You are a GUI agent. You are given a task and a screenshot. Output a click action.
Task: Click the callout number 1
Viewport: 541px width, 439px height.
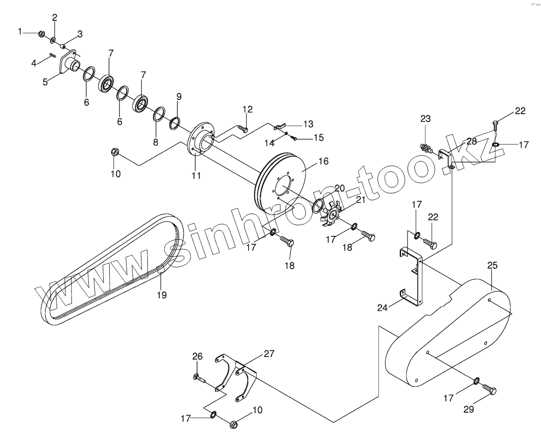20,31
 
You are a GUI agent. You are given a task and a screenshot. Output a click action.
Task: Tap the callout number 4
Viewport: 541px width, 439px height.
34,63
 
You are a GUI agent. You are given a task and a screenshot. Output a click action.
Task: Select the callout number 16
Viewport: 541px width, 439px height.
324,161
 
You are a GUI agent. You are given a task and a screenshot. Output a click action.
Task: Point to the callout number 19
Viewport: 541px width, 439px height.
161,295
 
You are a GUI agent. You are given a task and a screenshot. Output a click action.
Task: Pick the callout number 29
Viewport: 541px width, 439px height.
469,409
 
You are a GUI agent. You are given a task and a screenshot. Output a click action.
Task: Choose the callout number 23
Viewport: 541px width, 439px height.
425,119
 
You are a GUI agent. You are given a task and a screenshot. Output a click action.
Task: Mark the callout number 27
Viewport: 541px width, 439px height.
269,354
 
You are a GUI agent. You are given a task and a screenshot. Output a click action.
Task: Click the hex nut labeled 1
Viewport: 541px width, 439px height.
42,34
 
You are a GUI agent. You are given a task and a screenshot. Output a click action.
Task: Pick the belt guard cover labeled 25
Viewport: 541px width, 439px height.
447,333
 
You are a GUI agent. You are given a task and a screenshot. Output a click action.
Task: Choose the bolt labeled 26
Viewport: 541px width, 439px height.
201,378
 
